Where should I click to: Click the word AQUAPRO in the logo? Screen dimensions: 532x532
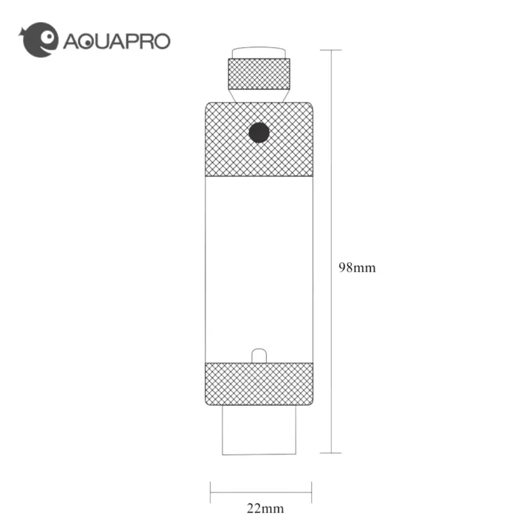pyautogui.click(x=116, y=41)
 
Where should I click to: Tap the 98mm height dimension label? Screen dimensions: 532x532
pyautogui.click(x=357, y=268)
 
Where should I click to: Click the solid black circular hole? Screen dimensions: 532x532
pyautogui.click(x=259, y=132)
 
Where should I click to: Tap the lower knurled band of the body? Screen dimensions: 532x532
pyautogui.click(x=259, y=383)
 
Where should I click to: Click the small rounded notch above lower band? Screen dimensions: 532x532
pyautogui.click(x=259, y=355)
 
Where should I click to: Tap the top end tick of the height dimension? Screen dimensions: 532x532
pyautogui.click(x=331, y=50)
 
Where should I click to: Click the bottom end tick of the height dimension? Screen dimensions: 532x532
pyautogui.click(x=331, y=453)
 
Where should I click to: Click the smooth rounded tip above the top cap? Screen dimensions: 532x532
pyautogui.click(x=259, y=53)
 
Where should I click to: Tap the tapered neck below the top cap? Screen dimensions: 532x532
pyautogui.click(x=259, y=95)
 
